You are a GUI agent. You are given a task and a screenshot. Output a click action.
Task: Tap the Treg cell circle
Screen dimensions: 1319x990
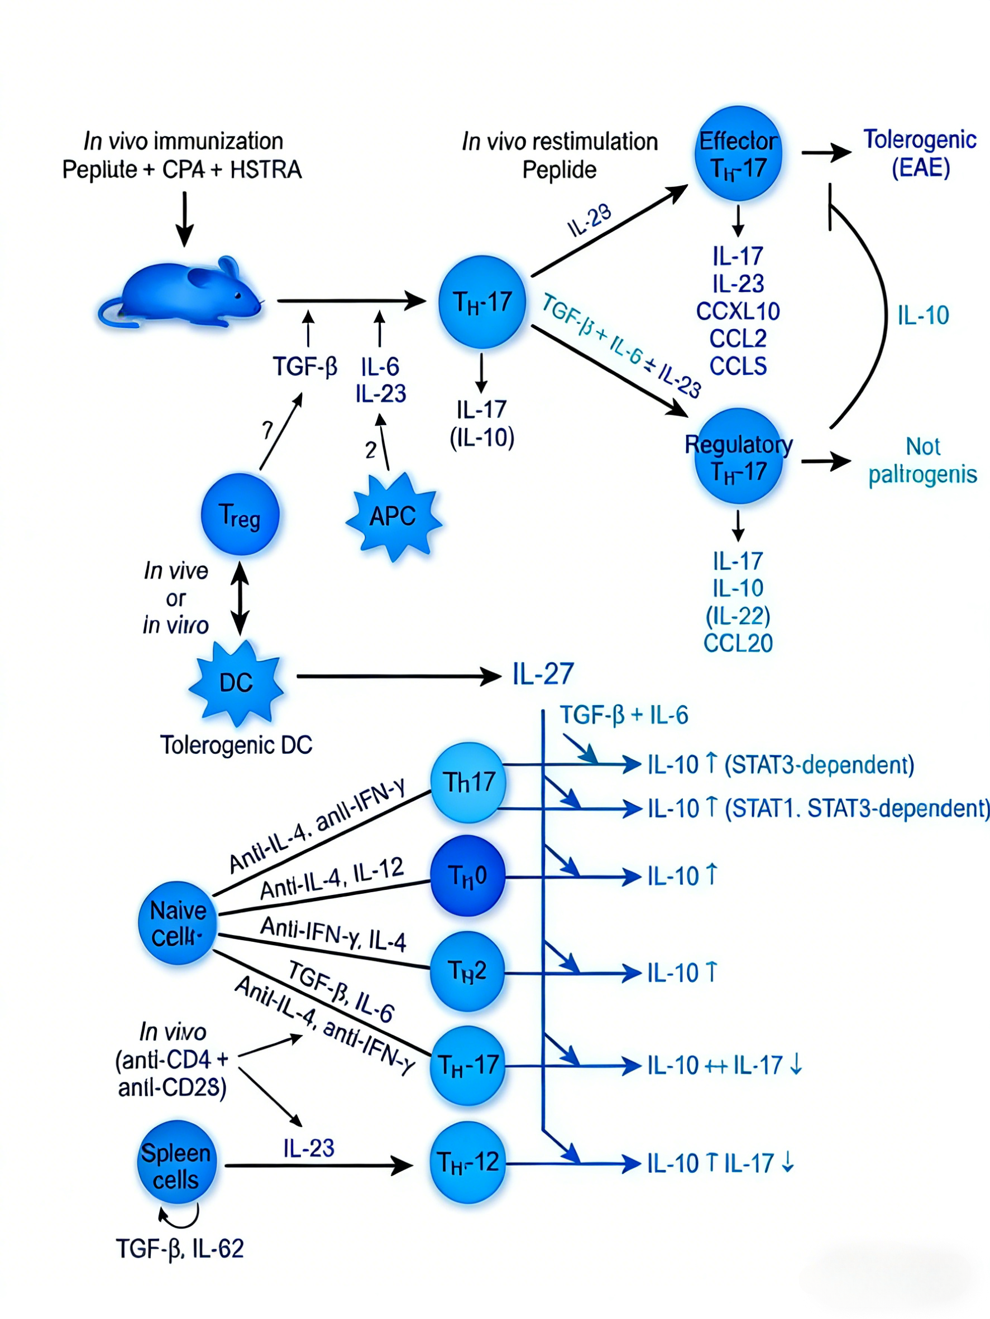(x=240, y=514)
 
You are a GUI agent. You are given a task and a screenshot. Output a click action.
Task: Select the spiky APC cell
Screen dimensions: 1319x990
(x=393, y=516)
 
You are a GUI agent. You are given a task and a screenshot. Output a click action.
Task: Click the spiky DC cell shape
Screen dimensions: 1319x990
(x=236, y=682)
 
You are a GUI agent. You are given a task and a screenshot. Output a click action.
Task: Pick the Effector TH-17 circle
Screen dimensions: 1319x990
(x=738, y=154)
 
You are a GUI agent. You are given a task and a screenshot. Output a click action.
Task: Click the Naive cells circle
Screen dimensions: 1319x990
(x=177, y=923)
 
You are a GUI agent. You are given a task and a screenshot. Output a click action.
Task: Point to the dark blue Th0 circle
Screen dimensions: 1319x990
(x=468, y=875)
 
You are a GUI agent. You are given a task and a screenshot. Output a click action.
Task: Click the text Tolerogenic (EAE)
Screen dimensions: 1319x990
(x=920, y=153)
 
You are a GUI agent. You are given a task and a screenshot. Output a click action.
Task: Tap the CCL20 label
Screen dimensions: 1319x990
(x=738, y=643)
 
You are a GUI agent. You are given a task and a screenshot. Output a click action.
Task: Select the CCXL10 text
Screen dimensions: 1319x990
(x=738, y=311)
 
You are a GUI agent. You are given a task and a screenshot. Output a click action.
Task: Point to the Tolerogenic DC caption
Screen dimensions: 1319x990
(x=236, y=745)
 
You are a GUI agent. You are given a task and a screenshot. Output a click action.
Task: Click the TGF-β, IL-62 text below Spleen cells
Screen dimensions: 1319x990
(x=180, y=1248)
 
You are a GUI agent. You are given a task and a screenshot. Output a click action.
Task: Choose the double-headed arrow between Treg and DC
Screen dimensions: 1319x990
(x=240, y=598)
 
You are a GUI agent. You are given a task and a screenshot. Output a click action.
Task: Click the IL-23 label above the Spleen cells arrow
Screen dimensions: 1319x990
(x=309, y=1148)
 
